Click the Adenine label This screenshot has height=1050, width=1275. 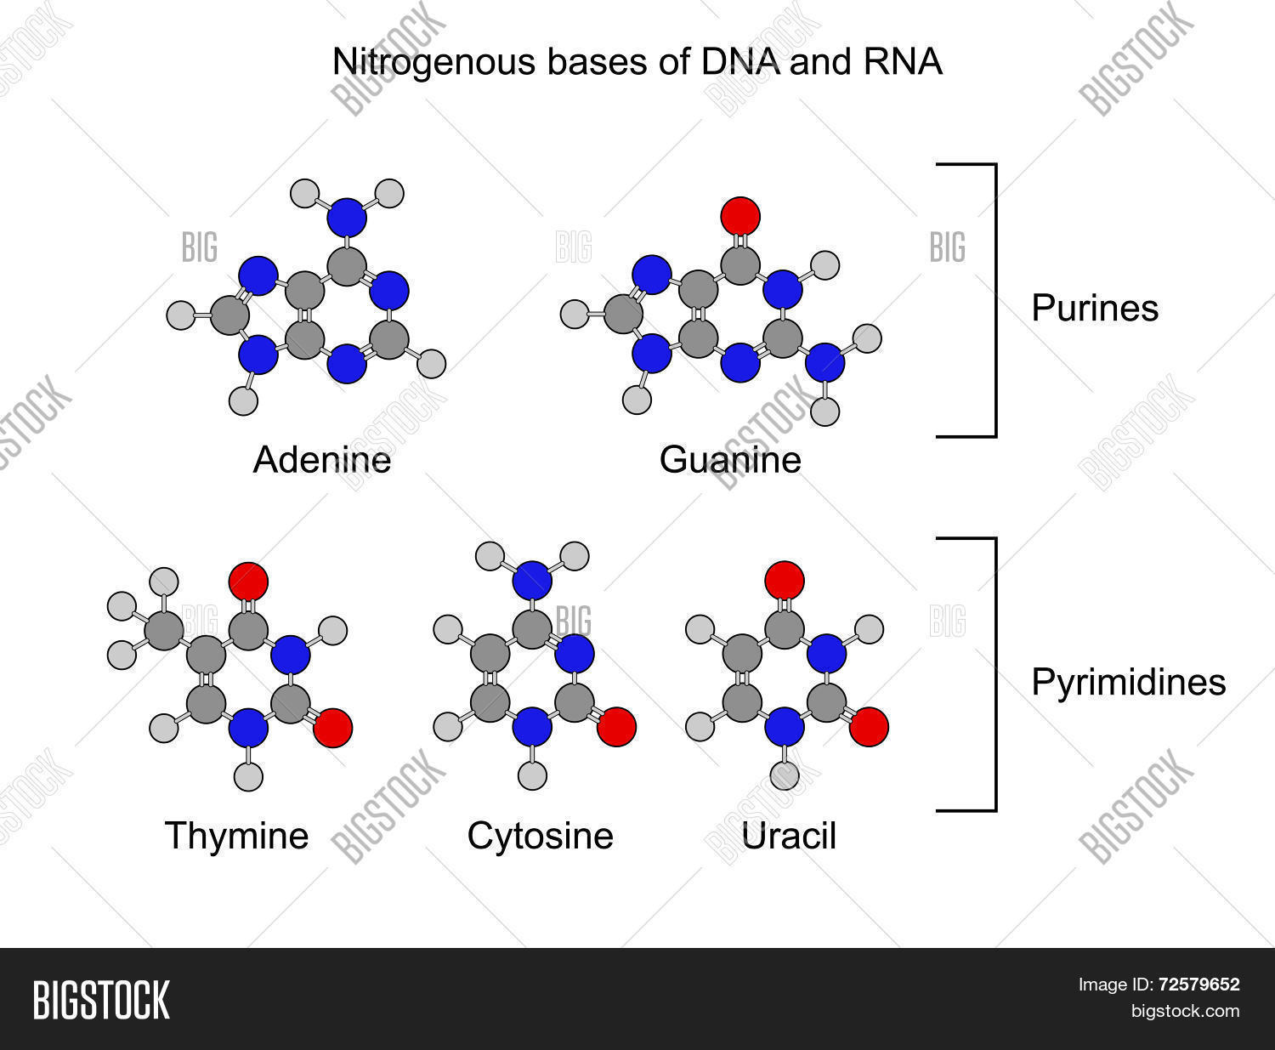[x=322, y=460]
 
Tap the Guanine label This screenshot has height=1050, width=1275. [x=730, y=460]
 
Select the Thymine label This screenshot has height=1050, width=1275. [x=236, y=835]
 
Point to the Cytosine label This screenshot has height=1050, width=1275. [x=540, y=835]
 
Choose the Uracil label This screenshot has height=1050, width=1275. [x=789, y=835]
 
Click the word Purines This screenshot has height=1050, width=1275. [x=1095, y=308]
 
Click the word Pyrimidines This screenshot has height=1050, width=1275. [x=1128, y=682]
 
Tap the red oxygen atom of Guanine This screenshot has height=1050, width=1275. [x=740, y=217]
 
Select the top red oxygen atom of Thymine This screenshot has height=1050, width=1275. [x=248, y=582]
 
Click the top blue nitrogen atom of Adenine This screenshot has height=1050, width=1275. [x=347, y=218]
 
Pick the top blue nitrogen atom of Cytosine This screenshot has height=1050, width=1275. [x=533, y=582]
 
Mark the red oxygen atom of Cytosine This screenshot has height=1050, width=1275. [x=616, y=727]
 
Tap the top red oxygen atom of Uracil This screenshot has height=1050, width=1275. [x=784, y=581]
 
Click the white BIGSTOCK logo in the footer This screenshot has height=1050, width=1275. [x=101, y=999]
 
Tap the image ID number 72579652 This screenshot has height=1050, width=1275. [x=1198, y=985]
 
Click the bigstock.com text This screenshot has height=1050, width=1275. [x=1184, y=1011]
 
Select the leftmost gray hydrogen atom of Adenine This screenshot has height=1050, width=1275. [x=182, y=315]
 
